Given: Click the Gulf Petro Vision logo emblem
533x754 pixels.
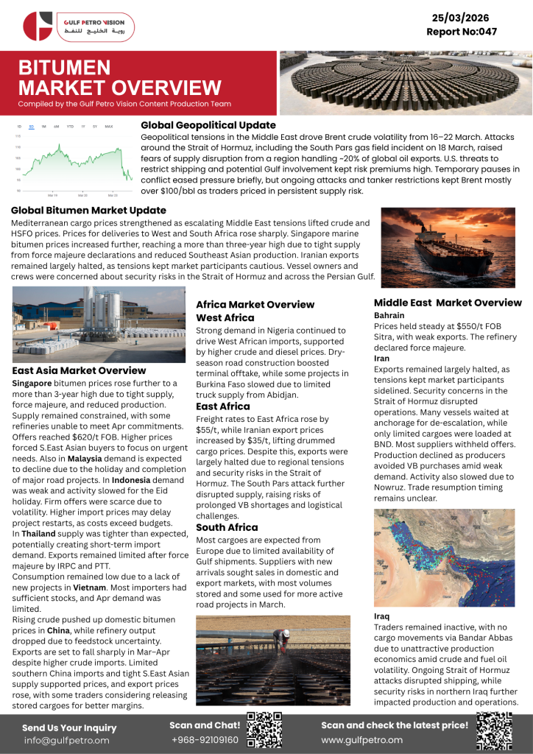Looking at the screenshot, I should tap(38, 26).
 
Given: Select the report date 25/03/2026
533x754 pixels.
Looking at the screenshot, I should tap(462, 18).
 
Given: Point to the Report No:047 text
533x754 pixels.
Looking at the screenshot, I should tap(462, 32).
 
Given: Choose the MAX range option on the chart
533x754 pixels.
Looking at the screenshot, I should tap(109, 127).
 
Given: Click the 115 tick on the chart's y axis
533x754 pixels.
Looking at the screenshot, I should tap(18, 136).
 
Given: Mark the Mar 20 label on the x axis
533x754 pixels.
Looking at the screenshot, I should tap(82, 195).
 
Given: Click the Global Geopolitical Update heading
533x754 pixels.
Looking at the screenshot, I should tap(208, 125).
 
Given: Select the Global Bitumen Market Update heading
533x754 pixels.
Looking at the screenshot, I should tap(88, 210).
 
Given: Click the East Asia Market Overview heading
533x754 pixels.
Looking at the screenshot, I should tap(80, 370).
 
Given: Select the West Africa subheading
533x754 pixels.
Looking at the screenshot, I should tap(225, 317).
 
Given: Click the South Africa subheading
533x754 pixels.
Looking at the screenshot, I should tap(227, 527).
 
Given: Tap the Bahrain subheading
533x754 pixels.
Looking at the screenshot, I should tap(389, 315).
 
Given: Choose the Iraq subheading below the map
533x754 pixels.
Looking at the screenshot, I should tap(382, 616).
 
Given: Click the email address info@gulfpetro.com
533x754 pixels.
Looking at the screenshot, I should tap(66, 740).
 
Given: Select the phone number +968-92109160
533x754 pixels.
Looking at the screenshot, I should tap(205, 740).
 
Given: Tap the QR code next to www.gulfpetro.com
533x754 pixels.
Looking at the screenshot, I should tap(494, 731).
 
